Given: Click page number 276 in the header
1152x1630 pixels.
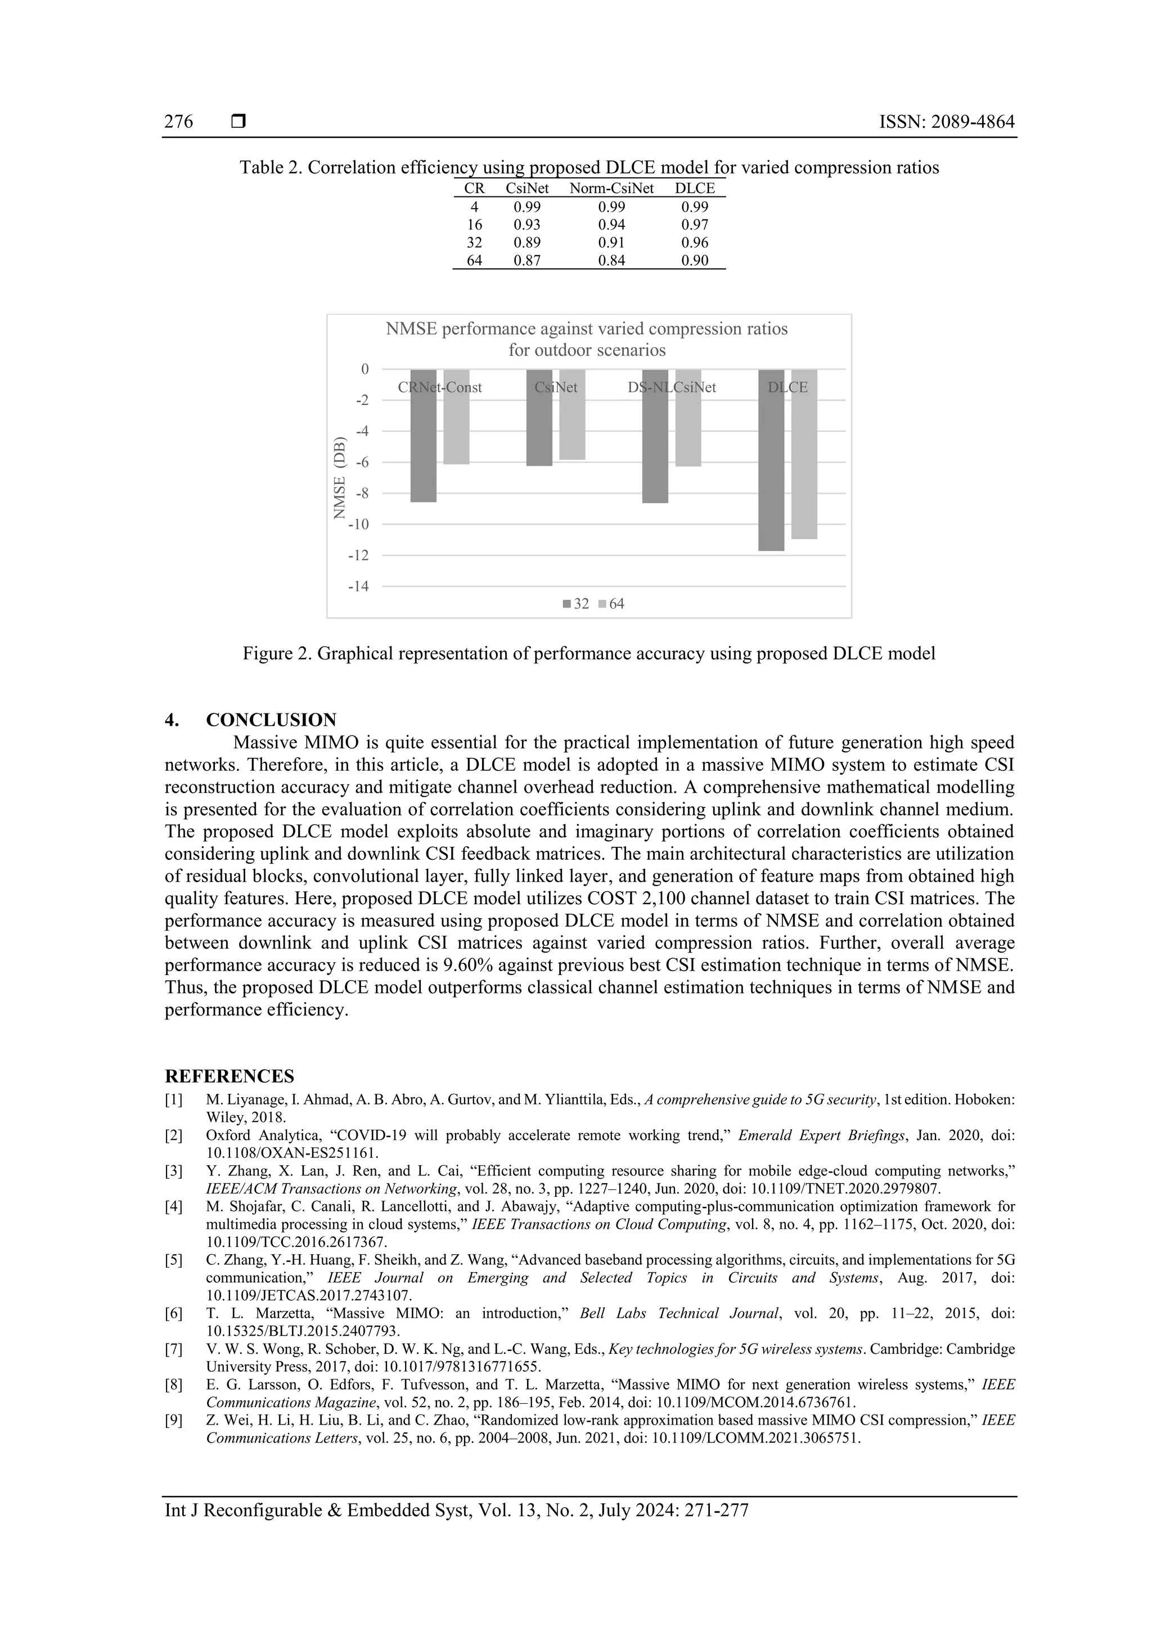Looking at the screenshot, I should click(x=178, y=122).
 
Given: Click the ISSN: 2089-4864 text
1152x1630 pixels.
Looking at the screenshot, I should click(x=947, y=122).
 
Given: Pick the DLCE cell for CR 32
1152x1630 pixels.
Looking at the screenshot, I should click(x=694, y=243).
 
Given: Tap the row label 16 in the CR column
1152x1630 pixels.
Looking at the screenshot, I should click(x=474, y=225).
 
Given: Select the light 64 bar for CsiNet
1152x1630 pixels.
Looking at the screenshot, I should click(x=572, y=415).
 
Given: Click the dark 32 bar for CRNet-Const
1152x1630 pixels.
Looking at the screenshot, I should click(x=423, y=436).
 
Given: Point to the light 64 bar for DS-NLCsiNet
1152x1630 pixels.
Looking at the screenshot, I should click(x=688, y=418).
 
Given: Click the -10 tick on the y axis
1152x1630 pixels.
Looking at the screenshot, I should click(x=358, y=524).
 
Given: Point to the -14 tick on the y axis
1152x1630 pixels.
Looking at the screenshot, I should click(x=358, y=586).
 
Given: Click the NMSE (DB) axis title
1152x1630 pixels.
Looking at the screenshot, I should click(x=339, y=477).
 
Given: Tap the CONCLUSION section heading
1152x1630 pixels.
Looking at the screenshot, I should click(x=271, y=720).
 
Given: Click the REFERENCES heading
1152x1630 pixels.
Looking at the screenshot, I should click(x=229, y=1076).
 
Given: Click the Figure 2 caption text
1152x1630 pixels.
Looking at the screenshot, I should click(x=588, y=654).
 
